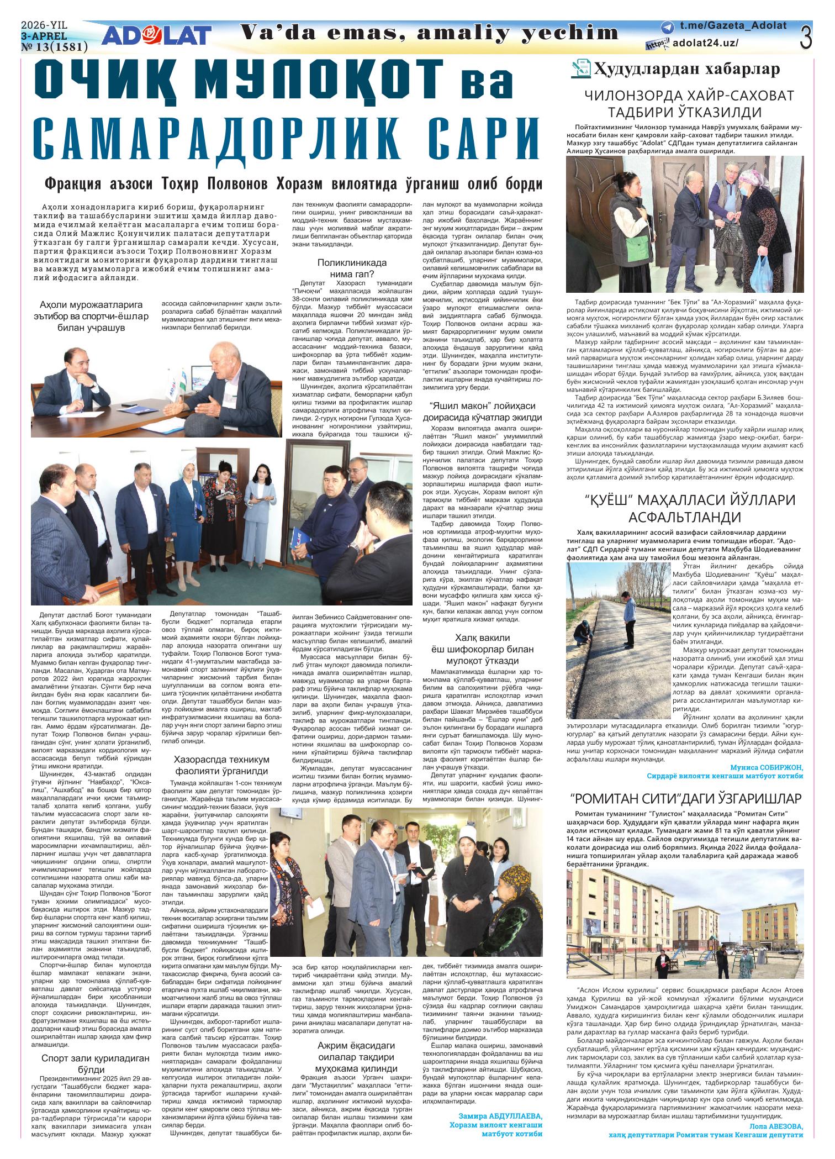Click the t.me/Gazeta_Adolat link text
pyautogui.click(x=733, y=27)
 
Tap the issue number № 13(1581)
pyautogui.click(x=54, y=48)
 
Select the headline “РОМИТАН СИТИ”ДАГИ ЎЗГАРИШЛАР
pyautogui.click(x=684, y=798)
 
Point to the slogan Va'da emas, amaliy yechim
pyautogui.click(x=430, y=33)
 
